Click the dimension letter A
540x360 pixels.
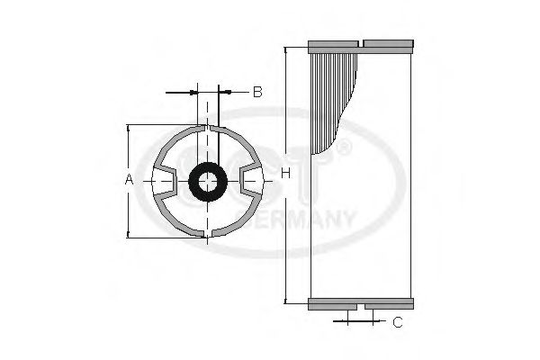(x=129, y=180)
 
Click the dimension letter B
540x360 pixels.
(x=256, y=92)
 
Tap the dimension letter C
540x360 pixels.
(x=397, y=320)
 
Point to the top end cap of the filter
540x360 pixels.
(x=360, y=44)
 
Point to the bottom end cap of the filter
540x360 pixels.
(x=360, y=304)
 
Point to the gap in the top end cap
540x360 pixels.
(x=360, y=44)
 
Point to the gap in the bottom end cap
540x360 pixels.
(x=360, y=305)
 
